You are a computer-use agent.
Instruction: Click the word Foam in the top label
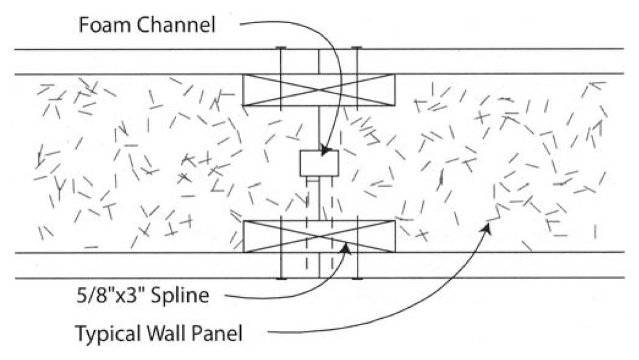pyautogui.click(x=101, y=26)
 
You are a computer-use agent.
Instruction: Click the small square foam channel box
pyautogui.click(x=319, y=163)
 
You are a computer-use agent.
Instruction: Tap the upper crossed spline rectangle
pyautogui.click(x=318, y=90)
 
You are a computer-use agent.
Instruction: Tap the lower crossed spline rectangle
pyautogui.click(x=318, y=236)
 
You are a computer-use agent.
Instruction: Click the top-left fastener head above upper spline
pyautogui.click(x=281, y=48)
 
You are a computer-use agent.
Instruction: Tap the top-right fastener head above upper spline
pyautogui.click(x=356, y=48)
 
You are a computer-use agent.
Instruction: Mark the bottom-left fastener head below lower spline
pyautogui.click(x=281, y=278)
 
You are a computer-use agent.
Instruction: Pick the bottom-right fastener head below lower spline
pyautogui.click(x=356, y=278)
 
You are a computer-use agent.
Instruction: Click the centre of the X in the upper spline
pyautogui.click(x=318, y=90)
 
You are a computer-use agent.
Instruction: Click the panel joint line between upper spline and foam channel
pyautogui.click(x=319, y=128)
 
